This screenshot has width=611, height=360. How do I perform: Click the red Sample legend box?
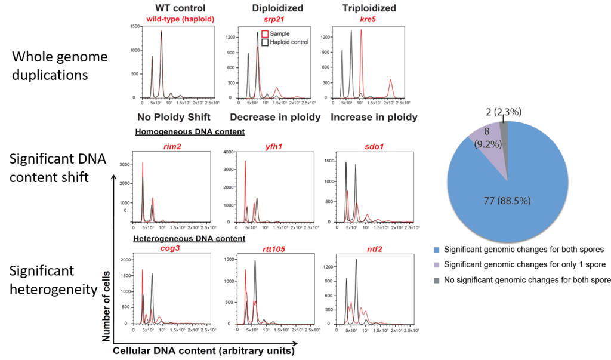(x=266, y=34)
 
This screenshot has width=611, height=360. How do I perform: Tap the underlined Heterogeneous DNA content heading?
(x=189, y=238)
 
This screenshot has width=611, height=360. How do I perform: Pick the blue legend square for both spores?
(x=439, y=249)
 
